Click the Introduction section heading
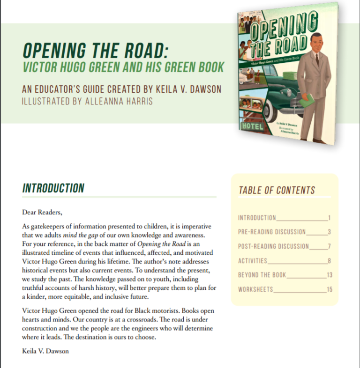[x=53, y=188]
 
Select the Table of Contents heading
[x=277, y=190]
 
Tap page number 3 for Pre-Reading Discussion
[x=330, y=232]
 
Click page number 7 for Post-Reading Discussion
[x=330, y=246]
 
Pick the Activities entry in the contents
[x=253, y=261]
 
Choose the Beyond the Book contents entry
[x=262, y=275]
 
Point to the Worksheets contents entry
[x=255, y=289]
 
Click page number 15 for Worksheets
[x=329, y=289]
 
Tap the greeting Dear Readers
[x=42, y=212]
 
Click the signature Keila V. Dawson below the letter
[x=45, y=351]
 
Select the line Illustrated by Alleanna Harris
[x=88, y=101]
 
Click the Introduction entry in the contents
[x=257, y=218]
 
